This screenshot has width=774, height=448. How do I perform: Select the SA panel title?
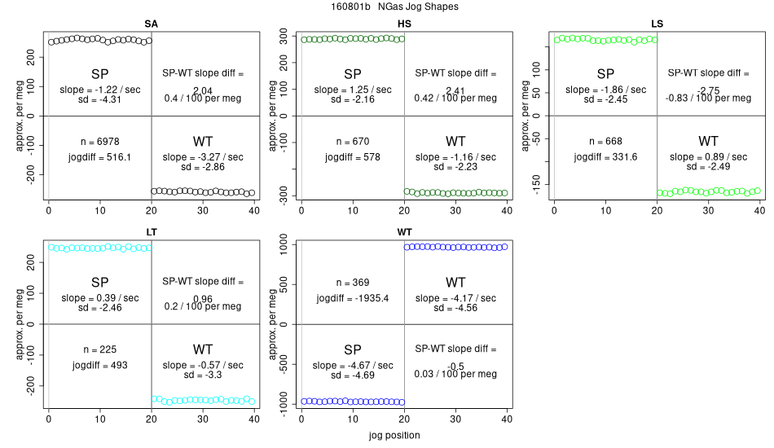[151, 24]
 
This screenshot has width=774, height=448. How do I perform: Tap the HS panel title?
[404, 24]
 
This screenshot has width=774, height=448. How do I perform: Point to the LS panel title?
[657, 24]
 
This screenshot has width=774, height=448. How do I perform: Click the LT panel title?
[151, 232]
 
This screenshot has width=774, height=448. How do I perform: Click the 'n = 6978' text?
[99, 141]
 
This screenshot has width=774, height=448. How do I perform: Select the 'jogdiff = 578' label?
[352, 156]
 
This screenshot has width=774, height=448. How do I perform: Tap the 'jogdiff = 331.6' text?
[605, 156]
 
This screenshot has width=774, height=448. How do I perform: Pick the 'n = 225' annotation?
[99, 349]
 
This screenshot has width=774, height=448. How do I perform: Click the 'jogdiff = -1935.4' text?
[352, 298]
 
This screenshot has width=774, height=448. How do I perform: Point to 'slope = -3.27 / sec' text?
[203, 156]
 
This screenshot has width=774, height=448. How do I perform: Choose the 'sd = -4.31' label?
[99, 99]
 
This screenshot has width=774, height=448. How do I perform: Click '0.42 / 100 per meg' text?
[455, 99]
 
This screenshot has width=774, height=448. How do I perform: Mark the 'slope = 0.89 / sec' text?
[708, 156]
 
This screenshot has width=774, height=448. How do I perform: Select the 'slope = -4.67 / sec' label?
[352, 365]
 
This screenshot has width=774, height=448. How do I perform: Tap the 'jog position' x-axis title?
[394, 435]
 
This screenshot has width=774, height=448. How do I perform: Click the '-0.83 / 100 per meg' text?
[708, 99]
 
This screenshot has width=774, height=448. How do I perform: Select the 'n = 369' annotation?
[352, 283]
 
